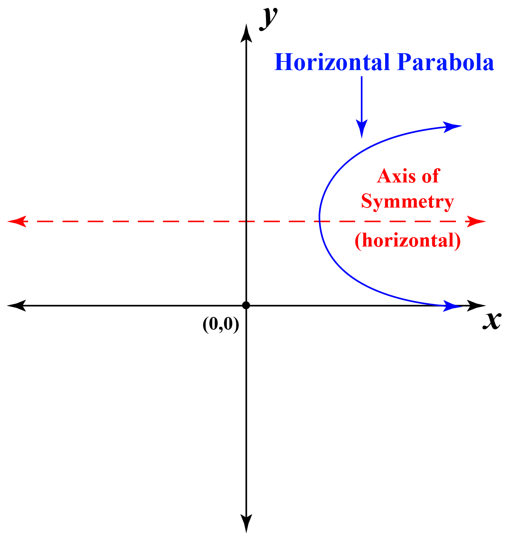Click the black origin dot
coord(246,305)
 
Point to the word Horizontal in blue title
coord(332,62)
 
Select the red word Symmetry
coord(408,201)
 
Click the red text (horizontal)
coord(408,240)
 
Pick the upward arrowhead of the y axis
coord(246,31)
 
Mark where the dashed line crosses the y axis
coord(246,221)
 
